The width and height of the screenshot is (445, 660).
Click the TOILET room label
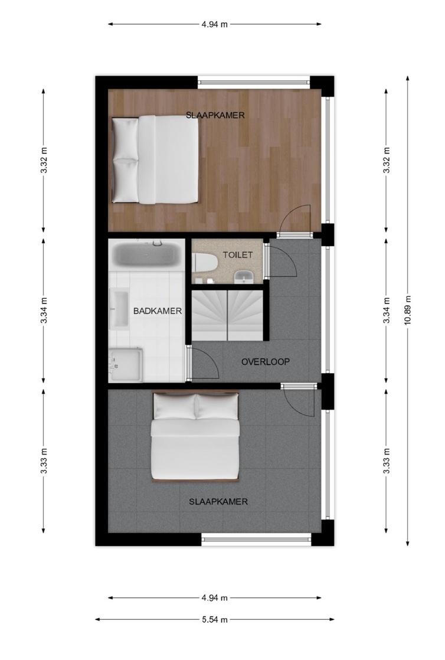pos(238,255)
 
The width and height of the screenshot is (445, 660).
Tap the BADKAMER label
pos(158,311)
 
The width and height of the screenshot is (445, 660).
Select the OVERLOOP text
pos(266,361)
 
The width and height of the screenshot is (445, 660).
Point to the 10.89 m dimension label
pos(408,310)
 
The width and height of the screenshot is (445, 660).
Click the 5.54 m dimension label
pos(215,620)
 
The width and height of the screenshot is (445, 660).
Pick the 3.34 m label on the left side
pos(44,310)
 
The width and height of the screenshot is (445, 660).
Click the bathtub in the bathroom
pos(147,254)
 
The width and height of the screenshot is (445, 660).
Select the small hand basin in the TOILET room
pos(244,276)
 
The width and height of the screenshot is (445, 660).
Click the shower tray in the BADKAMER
pos(126,364)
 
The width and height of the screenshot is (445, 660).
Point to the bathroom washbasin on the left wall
pos(119,309)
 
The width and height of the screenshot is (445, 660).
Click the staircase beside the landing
pos(227,315)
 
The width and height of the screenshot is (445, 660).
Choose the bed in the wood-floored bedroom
pos(155,159)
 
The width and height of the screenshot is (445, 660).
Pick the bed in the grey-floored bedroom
pos(195,436)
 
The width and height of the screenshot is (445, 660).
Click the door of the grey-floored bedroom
pos(299,400)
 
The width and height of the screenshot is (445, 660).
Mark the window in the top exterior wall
pos(254,81)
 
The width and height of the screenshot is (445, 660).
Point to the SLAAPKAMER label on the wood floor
pos(215,115)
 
